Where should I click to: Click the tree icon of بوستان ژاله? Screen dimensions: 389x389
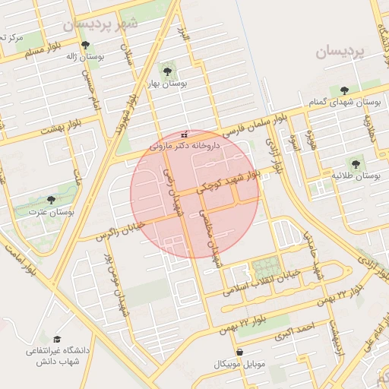(86, 44)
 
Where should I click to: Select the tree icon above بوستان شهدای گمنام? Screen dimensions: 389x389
(346, 90)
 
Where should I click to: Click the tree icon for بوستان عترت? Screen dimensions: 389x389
(51, 201)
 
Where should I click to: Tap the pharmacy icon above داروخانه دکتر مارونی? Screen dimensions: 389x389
(183, 134)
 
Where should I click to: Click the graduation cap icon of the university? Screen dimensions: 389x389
(57, 340)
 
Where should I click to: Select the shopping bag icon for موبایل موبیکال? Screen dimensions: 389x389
(240, 353)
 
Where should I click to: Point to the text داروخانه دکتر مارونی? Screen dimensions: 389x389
(184, 144)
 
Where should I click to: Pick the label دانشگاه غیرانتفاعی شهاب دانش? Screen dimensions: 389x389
(58, 356)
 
